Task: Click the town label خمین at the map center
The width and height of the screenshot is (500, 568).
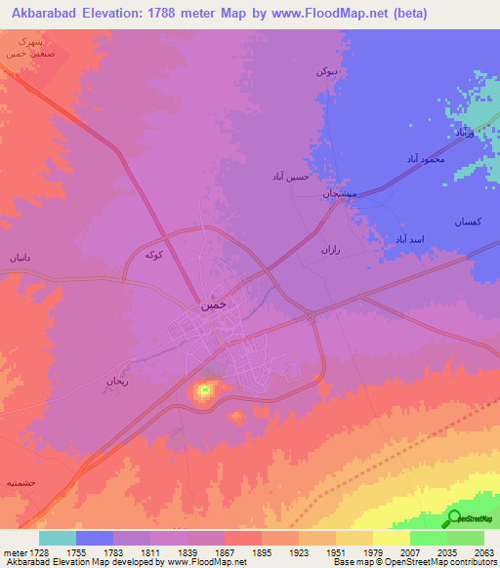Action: click(213, 305)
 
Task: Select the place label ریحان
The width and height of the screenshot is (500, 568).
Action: click(118, 383)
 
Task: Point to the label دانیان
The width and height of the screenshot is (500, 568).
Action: click(21, 259)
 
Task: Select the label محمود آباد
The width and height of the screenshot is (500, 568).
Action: click(426, 158)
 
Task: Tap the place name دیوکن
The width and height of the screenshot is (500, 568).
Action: click(327, 71)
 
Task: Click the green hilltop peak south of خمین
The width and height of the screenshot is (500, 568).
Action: click(204, 391)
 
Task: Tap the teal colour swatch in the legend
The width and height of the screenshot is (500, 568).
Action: click(58, 538)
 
